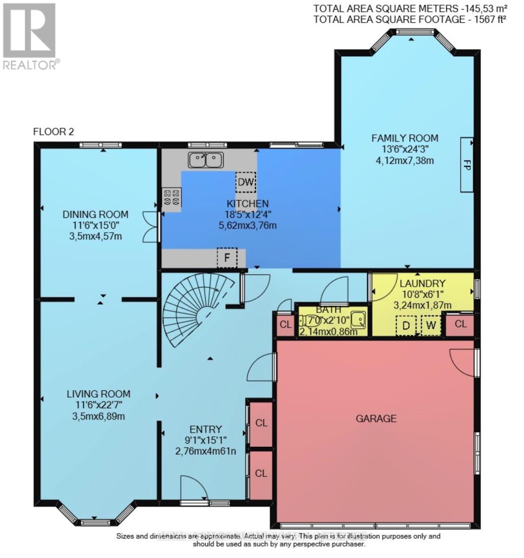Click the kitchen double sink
click(x=206, y=160)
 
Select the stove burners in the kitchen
click(x=171, y=197)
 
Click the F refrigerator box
click(x=227, y=258)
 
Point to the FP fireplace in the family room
click(x=467, y=165)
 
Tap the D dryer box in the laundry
click(x=406, y=325)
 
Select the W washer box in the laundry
click(x=431, y=325)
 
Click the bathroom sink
click(x=358, y=319)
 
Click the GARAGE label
click(x=376, y=418)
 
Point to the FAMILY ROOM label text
click(x=405, y=138)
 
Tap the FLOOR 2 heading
click(x=53, y=132)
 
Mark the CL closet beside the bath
click(x=285, y=325)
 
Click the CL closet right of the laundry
click(x=460, y=324)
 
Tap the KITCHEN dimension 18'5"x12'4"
click(x=248, y=215)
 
